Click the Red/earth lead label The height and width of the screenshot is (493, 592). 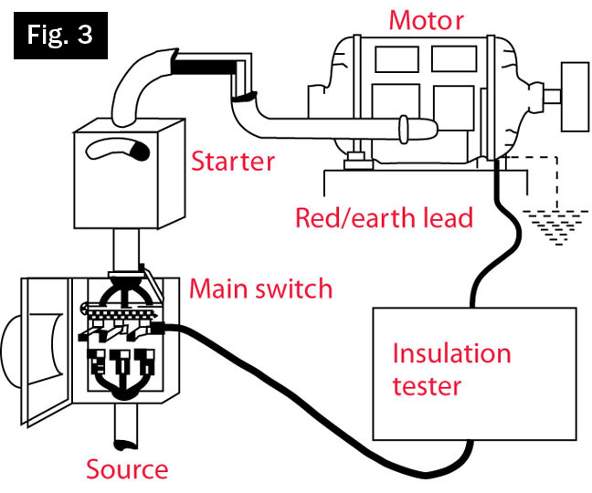383,217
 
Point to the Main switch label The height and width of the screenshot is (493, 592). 260,290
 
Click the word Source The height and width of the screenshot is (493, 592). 127,469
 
